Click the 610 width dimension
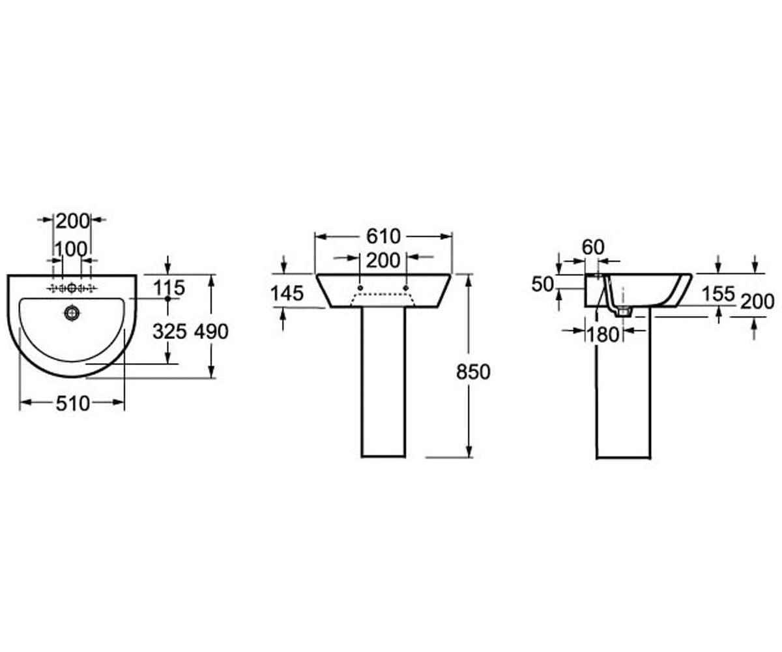pos(383,237)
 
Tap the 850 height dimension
pos(473,372)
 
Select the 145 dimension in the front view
pos(287,293)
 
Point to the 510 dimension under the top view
pos(72,404)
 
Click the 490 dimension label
pos(211,332)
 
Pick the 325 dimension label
pos(169,332)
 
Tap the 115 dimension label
pos(169,288)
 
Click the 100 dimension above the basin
pos(71,249)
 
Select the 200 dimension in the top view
pos(72,221)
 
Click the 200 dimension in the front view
pos(383,260)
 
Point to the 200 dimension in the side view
pos(757,302)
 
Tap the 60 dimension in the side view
pos(593,247)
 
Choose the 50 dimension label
pos(542,285)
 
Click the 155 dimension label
pos(718,294)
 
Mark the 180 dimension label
pos(602,334)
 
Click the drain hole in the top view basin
pos(72,312)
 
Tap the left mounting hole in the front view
pos(360,288)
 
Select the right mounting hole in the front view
pos(406,288)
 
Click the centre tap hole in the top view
pos(72,288)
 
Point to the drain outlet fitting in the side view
pos(623,311)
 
